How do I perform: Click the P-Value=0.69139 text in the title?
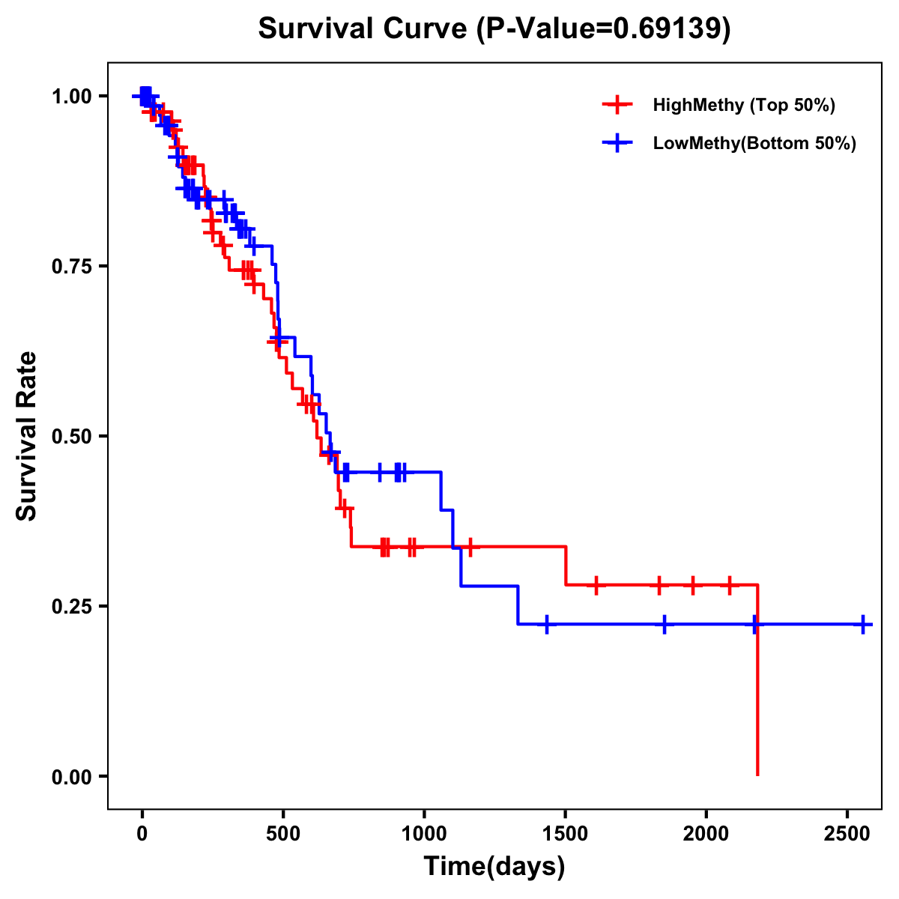[605, 28]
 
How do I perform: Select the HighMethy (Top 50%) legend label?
[743, 105]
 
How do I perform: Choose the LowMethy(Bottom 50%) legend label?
[754, 143]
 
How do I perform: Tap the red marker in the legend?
[617, 105]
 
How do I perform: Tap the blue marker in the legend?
[617, 143]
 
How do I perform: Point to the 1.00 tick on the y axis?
[71, 96]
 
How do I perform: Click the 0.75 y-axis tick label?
[71, 266]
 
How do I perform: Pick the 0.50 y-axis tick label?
[71, 436]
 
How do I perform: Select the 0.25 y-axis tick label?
[71, 606]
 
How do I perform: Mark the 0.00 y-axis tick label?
[71, 776]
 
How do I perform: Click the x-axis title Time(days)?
[494, 867]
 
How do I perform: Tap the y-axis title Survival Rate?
[28, 436]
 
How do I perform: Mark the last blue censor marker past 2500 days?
[863, 624]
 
